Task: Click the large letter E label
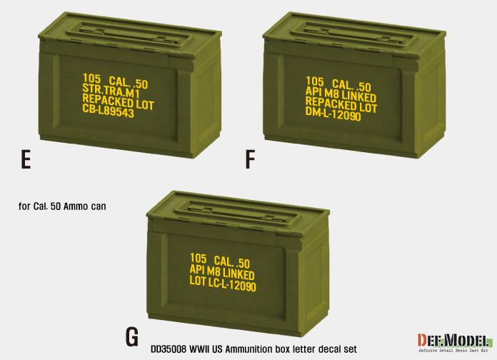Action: pyautogui.click(x=26, y=159)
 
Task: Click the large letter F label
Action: pyautogui.click(x=251, y=159)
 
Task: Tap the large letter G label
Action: pyautogui.click(x=132, y=337)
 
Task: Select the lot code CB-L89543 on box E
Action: pyautogui.click(x=108, y=111)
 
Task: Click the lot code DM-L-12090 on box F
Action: pyautogui.click(x=333, y=114)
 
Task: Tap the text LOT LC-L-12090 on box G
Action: pyautogui.click(x=223, y=284)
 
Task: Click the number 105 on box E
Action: pyautogui.click(x=91, y=79)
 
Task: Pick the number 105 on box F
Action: pyautogui.click(x=315, y=81)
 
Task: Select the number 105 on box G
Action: pyautogui.click(x=199, y=258)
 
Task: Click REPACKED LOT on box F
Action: pyautogui.click(x=341, y=105)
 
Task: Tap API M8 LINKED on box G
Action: pyautogui.click(x=222, y=272)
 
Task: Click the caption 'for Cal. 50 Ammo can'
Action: pyautogui.click(x=62, y=206)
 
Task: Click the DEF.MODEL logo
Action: pyautogui.click(x=454, y=343)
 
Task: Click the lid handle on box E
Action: pyautogui.click(x=131, y=35)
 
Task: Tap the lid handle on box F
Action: pyautogui.click(x=354, y=35)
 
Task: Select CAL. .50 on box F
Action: pyautogui.click(x=351, y=85)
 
